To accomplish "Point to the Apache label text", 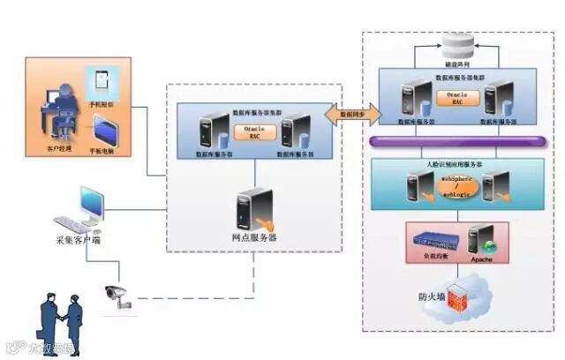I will pos(481,259).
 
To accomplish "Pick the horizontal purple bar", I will pos(456,141).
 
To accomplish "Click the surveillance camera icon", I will pos(117,296).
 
